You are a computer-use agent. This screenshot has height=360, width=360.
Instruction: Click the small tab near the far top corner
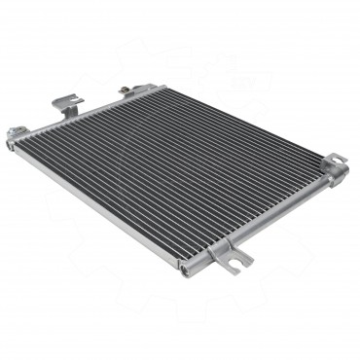[127, 90]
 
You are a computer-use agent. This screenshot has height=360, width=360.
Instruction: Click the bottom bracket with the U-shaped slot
[234, 258]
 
